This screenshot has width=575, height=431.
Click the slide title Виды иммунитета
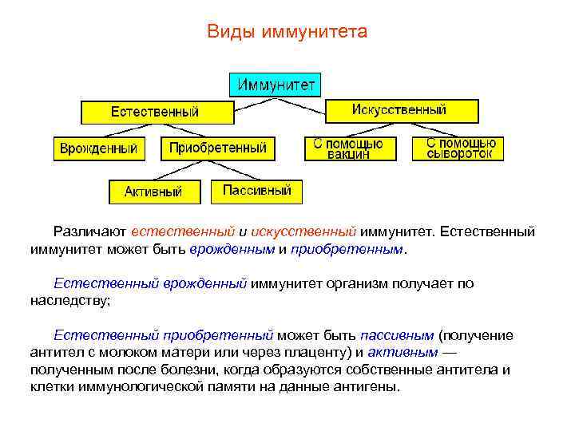287,32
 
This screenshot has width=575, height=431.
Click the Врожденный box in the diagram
99,148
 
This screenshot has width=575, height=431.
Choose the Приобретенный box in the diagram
218,148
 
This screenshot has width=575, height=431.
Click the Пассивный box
257,191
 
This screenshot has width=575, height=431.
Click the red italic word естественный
183,231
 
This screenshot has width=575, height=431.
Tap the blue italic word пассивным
397,334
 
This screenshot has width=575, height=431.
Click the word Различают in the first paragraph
89,231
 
